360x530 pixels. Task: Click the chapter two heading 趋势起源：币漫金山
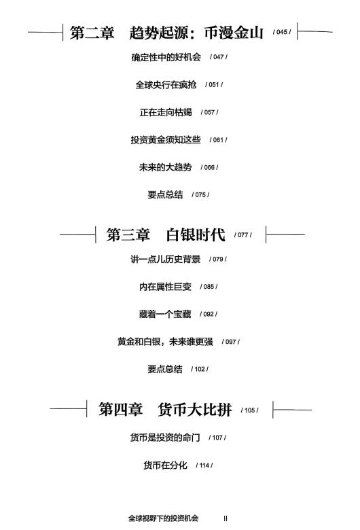(196, 33)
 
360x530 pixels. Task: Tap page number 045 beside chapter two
(282, 32)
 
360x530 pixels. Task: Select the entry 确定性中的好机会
(166, 57)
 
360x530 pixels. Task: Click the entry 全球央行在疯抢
(166, 84)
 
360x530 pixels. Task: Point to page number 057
(209, 112)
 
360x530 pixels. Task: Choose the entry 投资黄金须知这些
(166, 139)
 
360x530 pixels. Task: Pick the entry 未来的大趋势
(165, 167)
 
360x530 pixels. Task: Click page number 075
(200, 195)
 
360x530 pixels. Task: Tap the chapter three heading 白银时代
(196, 234)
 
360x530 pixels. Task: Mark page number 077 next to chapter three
(242, 235)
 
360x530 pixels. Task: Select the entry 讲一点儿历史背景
(165, 260)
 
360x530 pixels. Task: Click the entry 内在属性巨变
(165, 287)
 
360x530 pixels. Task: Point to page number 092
(209, 314)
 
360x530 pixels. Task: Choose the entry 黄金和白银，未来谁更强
(165, 342)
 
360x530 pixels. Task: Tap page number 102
(200, 369)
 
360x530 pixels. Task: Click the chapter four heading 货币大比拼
(195, 410)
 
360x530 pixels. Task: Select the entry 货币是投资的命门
(165, 438)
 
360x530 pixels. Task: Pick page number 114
(204, 465)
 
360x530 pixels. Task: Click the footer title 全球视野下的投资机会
(163, 518)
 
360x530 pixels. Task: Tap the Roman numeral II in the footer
(226, 518)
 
